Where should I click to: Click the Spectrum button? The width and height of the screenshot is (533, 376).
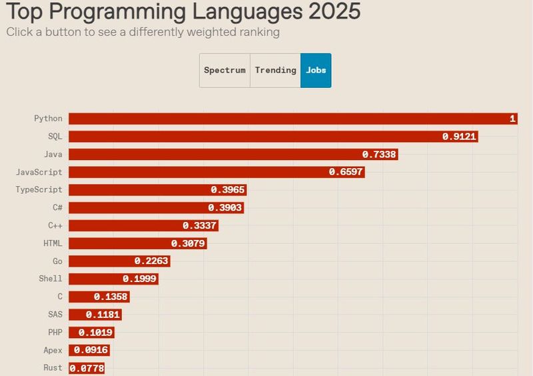click(x=225, y=70)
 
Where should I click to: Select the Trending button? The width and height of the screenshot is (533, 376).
click(x=275, y=70)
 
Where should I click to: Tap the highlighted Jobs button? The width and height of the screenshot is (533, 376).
click(x=316, y=70)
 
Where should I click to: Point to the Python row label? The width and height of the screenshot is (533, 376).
click(x=48, y=119)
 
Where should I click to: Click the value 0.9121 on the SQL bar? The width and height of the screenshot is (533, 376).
click(x=460, y=137)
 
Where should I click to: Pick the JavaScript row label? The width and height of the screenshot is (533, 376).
click(x=39, y=172)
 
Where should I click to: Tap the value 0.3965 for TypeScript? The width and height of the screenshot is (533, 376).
click(x=228, y=190)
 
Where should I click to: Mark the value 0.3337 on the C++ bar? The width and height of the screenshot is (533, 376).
click(x=200, y=225)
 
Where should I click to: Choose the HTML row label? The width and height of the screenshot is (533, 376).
click(x=53, y=243)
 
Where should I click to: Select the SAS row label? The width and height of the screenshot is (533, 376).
click(x=55, y=315)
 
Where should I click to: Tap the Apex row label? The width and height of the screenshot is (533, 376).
click(x=53, y=350)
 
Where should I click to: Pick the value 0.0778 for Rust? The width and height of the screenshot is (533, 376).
click(x=87, y=368)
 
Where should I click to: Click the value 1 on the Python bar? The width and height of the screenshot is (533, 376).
click(x=512, y=119)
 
